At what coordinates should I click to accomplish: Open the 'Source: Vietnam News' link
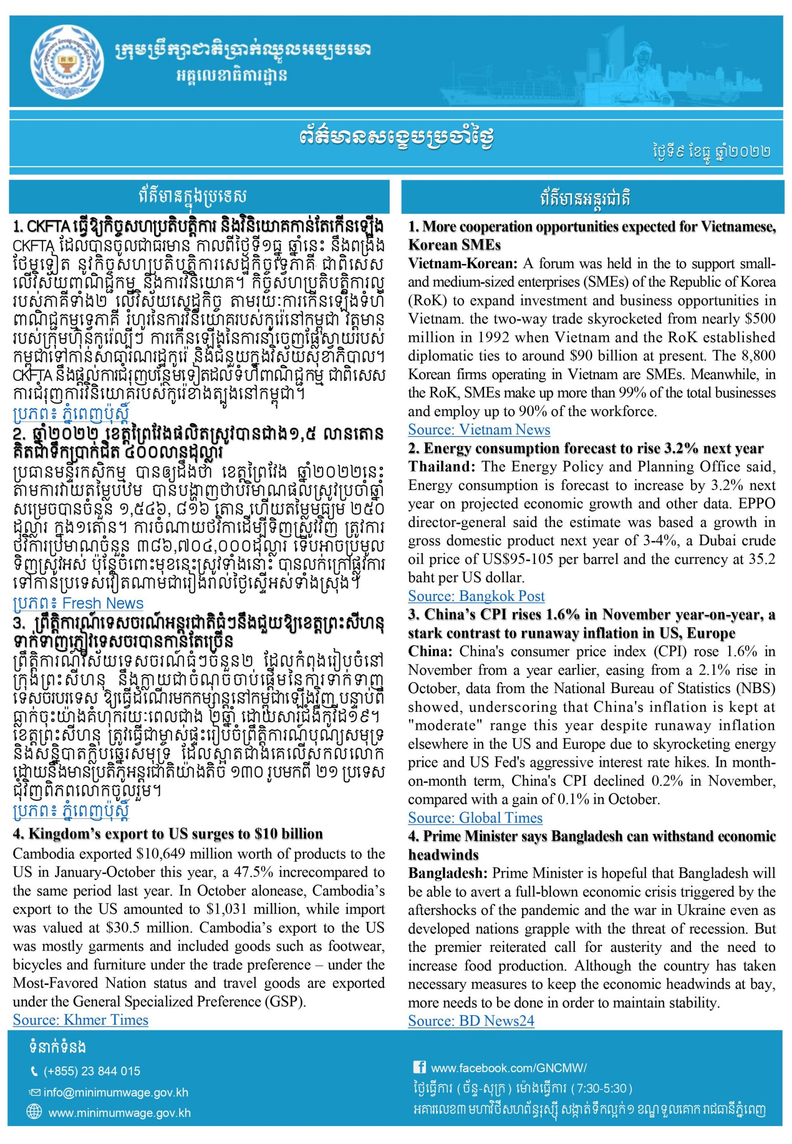tap(479, 429)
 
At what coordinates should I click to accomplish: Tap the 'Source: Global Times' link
tap(475, 818)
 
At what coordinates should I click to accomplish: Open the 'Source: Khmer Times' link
tap(80, 1020)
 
